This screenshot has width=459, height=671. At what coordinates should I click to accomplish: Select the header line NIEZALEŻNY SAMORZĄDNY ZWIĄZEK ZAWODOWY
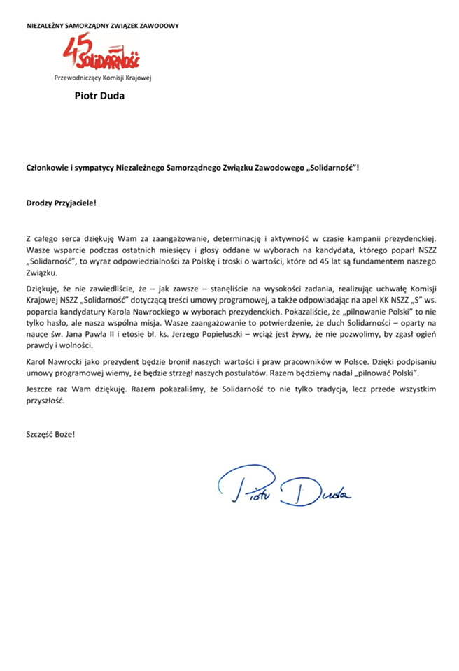[x=102, y=26]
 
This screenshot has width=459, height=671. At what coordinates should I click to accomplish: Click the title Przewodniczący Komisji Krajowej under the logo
[x=102, y=78]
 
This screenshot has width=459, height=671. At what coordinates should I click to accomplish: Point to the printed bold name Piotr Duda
[x=99, y=96]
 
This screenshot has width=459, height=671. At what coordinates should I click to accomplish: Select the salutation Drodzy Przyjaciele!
[x=61, y=203]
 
